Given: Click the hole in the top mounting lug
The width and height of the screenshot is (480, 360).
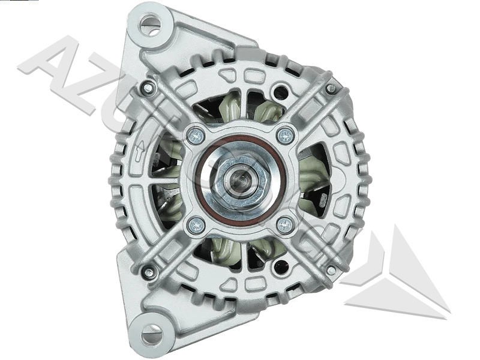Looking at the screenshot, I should (151, 25).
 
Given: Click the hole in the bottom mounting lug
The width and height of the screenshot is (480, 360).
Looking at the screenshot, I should (151, 332).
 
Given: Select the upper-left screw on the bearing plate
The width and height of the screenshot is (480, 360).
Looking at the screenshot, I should (196, 136).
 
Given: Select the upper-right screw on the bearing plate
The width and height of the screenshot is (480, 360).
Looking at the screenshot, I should (286, 136).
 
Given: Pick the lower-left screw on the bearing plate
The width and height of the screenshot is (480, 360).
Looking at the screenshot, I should (196, 225).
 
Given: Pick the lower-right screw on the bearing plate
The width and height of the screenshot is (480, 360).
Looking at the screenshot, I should (286, 225).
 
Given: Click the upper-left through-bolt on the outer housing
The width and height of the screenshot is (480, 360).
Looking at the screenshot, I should (148, 89).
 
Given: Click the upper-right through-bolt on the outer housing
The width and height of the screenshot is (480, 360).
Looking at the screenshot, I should (331, 89).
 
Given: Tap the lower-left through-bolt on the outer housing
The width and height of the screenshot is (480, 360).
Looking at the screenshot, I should (148, 272).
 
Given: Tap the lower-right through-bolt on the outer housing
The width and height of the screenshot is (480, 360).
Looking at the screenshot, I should (331, 271).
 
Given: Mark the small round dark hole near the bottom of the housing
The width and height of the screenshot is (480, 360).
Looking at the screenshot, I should (279, 266).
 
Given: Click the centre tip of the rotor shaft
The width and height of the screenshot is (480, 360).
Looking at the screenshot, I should (240, 179).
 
